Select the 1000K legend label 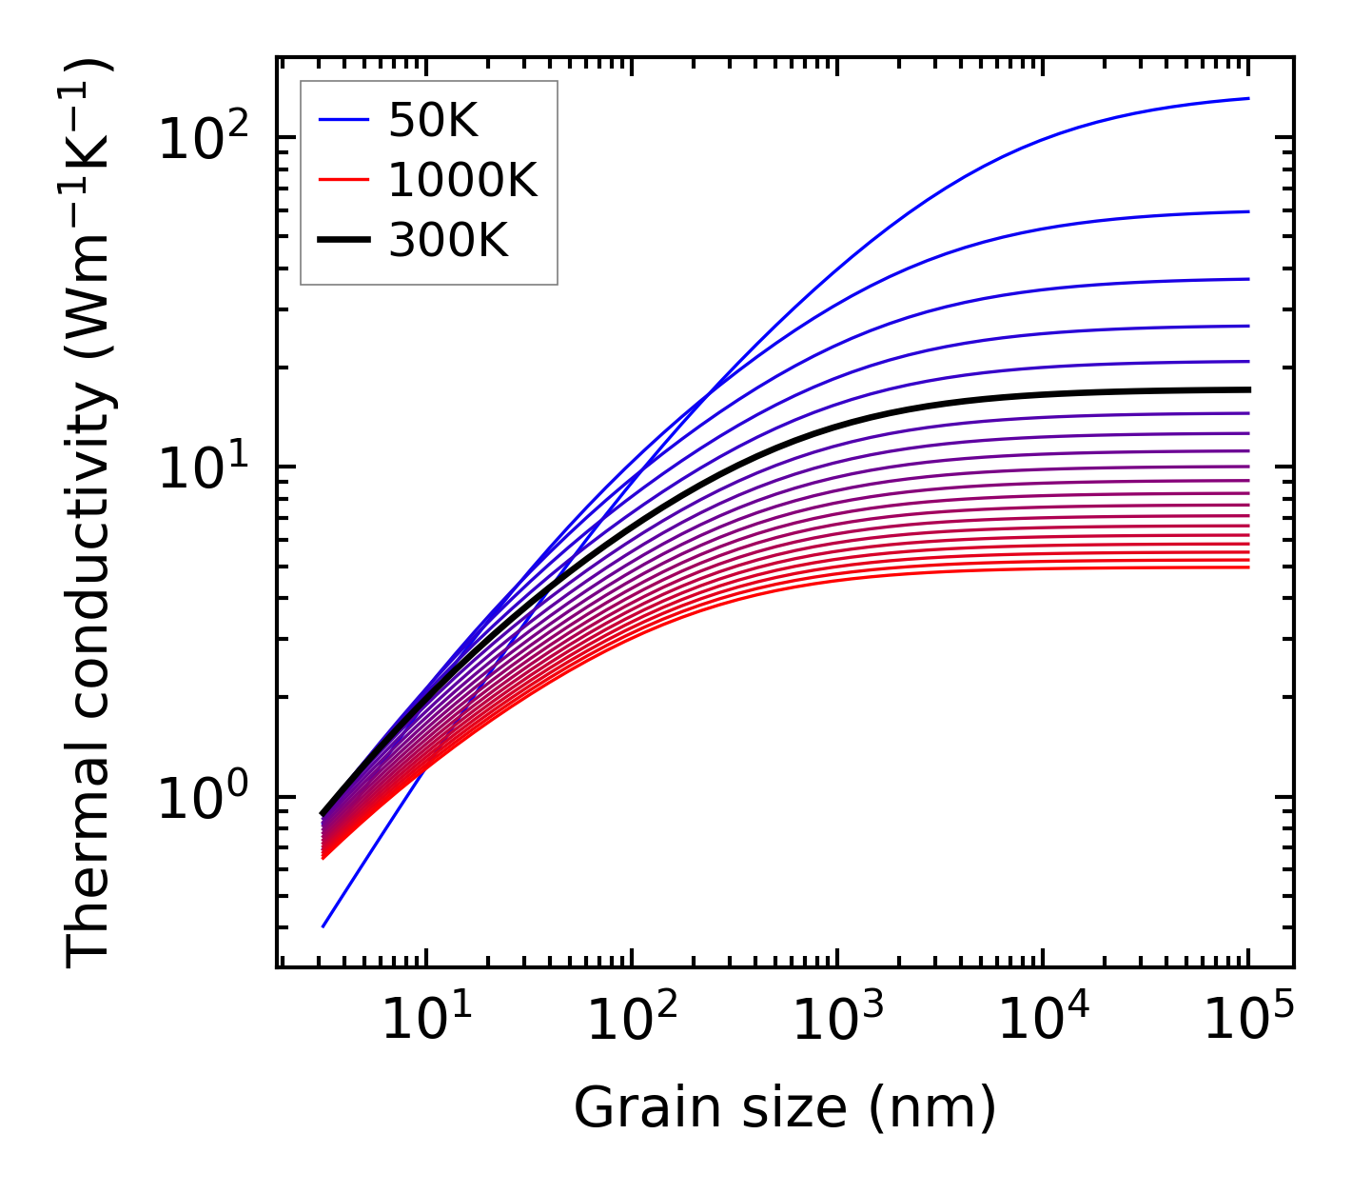point(462,180)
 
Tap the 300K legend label point(448,241)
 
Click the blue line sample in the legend point(343,120)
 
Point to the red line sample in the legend point(343,180)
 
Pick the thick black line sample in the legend point(343,241)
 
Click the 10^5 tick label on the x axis point(1247,1021)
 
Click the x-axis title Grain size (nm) point(785,1107)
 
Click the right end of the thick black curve point(1248,389)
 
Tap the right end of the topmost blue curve point(1248,98)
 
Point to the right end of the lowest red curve point(1248,567)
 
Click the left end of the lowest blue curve point(323,926)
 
